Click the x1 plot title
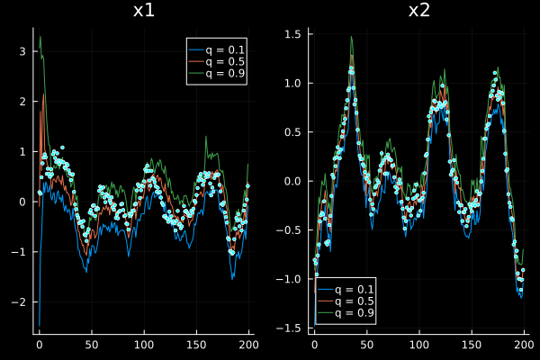coord(143,11)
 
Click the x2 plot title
coord(419,11)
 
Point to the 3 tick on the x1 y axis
coord(23,51)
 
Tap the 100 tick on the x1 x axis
coord(143,344)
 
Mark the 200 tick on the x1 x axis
coord(247,344)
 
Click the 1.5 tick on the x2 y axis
coord(294,33)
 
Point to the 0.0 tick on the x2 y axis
coord(294,180)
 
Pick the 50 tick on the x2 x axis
coord(366,344)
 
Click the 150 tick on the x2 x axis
coord(471,344)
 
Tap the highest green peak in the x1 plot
coord(40,36)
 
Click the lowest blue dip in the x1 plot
coord(39,325)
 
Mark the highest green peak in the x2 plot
coord(351,37)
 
